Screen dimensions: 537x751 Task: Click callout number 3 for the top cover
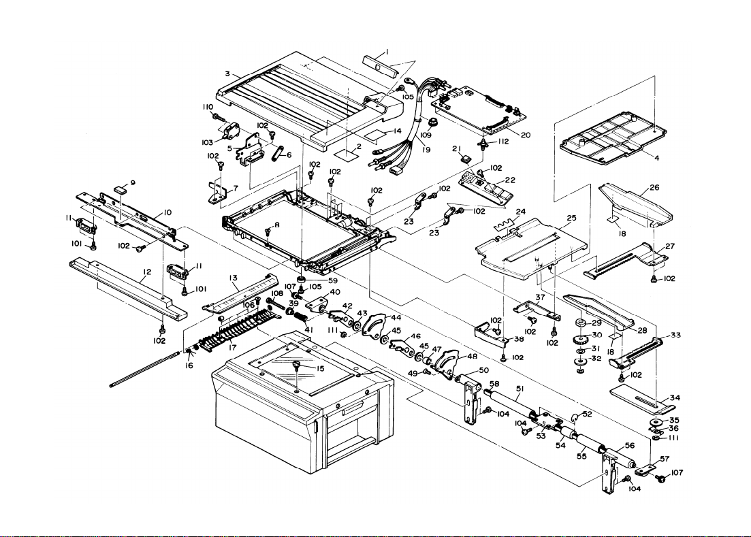tap(227, 73)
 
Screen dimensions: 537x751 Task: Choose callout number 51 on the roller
tap(520, 389)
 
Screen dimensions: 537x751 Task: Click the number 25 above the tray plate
tap(571, 218)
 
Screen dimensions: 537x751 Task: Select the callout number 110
tap(207, 108)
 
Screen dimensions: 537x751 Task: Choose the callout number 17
tap(233, 348)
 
